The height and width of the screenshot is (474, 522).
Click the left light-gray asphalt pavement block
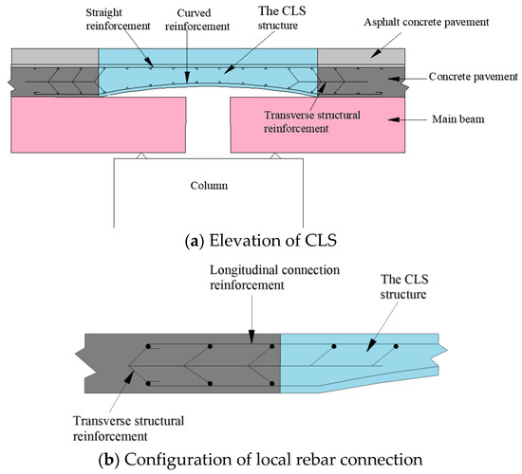tap(52, 56)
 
